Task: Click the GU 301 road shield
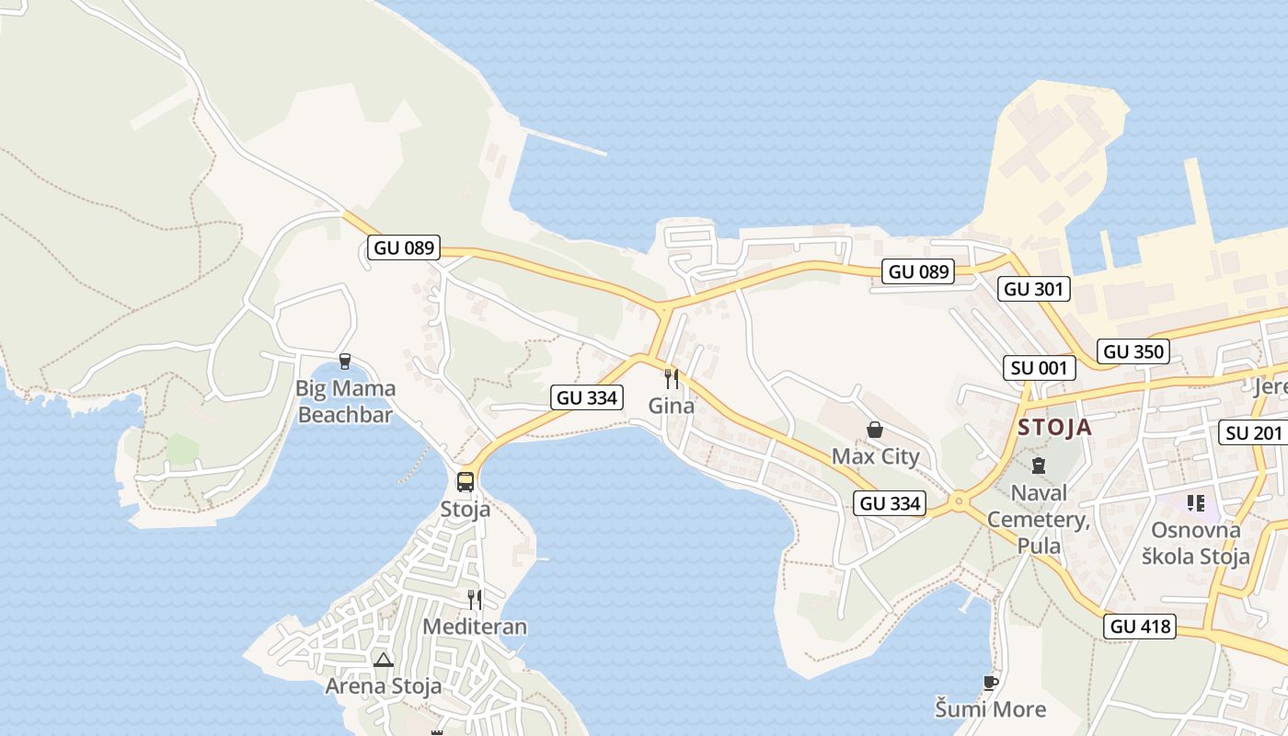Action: pos(1033,289)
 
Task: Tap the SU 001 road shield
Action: pos(1039,369)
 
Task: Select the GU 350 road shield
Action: pos(1133,351)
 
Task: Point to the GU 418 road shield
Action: pos(1140,627)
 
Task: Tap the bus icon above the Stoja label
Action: pos(466,481)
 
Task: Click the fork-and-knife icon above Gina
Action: pos(672,378)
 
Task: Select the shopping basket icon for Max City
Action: pos(875,430)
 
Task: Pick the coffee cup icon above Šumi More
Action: pos(990,683)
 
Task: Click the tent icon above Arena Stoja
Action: pos(384,659)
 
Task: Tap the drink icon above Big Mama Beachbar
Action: pos(345,361)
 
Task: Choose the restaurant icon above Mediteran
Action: pos(475,600)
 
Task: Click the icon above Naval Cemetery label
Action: pos(1039,466)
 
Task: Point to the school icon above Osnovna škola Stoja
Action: pos(1195,502)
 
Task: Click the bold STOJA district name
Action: pos(1054,427)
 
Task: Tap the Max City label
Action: pos(875,456)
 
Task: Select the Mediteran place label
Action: pos(475,627)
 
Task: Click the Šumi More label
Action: pos(990,709)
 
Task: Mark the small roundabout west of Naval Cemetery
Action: pos(959,501)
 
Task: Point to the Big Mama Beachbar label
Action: pos(345,401)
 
